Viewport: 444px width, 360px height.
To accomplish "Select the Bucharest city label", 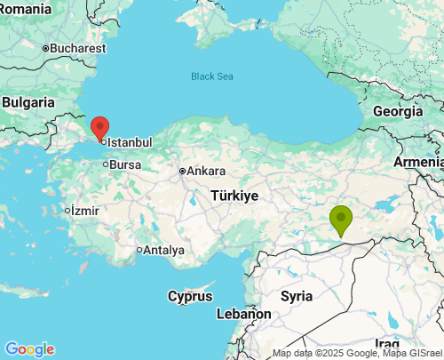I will pyautogui.click(x=78, y=48).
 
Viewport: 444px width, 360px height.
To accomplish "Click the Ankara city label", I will pyautogui.click(x=206, y=172).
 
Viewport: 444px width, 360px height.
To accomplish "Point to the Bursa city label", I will pyautogui.click(x=125, y=164).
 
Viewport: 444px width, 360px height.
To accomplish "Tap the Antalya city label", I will pyautogui.click(x=164, y=251).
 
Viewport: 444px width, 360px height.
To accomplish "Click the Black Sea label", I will pyautogui.click(x=212, y=76).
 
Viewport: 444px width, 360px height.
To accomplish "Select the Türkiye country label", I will pyautogui.click(x=234, y=196).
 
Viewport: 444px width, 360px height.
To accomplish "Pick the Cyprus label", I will pyautogui.click(x=191, y=296).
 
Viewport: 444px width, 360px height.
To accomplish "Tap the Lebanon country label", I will pyautogui.click(x=243, y=314).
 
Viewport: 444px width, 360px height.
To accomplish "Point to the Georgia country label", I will pyautogui.click(x=397, y=111).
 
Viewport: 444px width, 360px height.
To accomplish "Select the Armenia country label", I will pyautogui.click(x=418, y=162).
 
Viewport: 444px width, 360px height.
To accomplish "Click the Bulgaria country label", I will pyautogui.click(x=28, y=102).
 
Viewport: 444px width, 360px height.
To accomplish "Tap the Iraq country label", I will pyautogui.click(x=387, y=344).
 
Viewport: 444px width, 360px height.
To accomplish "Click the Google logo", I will pyautogui.click(x=29, y=349).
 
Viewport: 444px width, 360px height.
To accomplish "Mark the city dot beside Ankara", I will pyautogui.click(x=181, y=172).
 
